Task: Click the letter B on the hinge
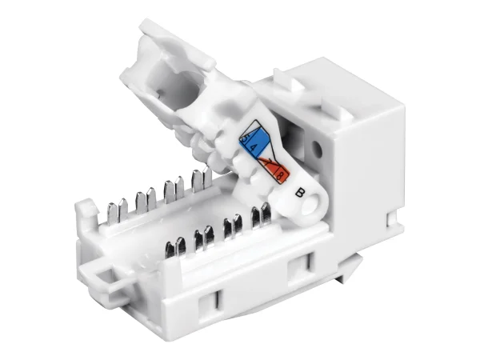(x=300, y=191)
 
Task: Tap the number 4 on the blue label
(x=254, y=148)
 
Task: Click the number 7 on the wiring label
(x=273, y=166)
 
